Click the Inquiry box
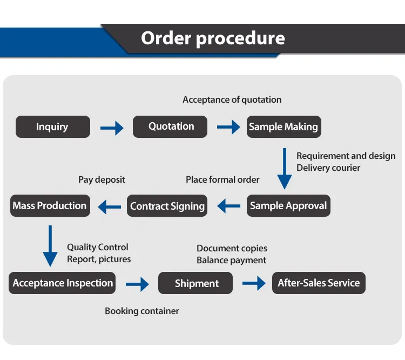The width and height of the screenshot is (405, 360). (53, 127)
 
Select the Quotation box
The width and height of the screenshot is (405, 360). (171, 126)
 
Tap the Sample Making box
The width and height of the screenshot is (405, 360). (283, 127)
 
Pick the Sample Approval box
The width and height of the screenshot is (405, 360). (288, 206)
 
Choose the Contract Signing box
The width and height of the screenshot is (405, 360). (167, 206)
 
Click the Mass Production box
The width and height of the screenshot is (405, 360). (50, 205)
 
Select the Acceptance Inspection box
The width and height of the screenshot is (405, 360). (63, 283)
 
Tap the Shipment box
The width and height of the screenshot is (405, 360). (196, 283)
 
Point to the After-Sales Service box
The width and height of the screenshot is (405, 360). (319, 283)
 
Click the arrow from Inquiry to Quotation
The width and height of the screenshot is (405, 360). (112, 128)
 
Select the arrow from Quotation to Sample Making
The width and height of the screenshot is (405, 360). (228, 128)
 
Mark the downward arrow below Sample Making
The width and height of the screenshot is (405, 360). (285, 169)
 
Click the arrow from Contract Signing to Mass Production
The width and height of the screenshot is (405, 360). (109, 206)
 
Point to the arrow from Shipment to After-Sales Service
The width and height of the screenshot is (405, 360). (254, 283)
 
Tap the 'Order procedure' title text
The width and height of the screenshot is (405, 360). (213, 38)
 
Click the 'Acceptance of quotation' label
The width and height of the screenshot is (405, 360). (232, 99)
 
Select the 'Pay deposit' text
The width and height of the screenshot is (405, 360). (102, 179)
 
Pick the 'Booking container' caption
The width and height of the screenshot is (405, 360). (142, 311)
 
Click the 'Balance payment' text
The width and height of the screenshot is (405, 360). (231, 261)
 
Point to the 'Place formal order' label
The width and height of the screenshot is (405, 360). (222, 179)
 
